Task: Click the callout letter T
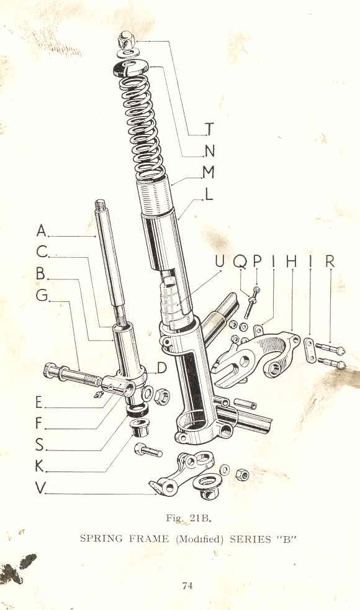tap(209, 129)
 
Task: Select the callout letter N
tap(209, 151)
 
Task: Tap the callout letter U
tap(220, 262)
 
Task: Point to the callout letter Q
tap(240, 262)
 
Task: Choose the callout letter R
tap(330, 262)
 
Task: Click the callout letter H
tap(292, 262)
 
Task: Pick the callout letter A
tap(42, 230)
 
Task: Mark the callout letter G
tap(42, 295)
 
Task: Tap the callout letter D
tap(162, 368)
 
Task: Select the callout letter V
tap(40, 488)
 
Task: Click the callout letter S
tap(40, 444)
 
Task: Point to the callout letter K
tap(40, 466)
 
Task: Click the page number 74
tap(187, 586)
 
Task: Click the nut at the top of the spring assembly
tap(126, 39)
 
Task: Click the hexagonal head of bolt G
tap(51, 370)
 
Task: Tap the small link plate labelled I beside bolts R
tap(310, 350)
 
